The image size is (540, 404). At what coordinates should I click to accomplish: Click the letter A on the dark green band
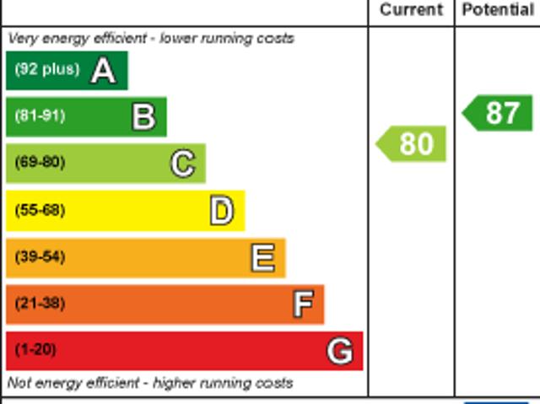103,71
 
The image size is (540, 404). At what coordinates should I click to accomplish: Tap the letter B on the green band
144,117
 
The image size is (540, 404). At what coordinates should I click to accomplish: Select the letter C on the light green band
182,164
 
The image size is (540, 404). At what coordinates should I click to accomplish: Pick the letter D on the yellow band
221,211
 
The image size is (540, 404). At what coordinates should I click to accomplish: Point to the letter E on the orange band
262,257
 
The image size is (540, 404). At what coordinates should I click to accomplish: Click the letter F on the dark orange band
303,304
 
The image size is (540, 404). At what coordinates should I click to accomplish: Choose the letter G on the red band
339,350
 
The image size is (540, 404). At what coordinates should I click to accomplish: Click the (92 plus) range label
46,70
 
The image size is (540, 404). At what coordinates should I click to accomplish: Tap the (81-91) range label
40,116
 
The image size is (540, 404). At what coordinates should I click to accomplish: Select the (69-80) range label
40,163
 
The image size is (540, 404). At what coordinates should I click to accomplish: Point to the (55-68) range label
40,210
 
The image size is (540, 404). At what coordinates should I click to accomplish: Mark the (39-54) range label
40,256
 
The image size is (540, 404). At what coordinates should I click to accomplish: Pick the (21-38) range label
40,303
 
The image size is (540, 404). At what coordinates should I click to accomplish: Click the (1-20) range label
35,349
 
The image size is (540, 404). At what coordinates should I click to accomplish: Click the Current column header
411,10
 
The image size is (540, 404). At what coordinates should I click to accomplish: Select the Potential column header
498,10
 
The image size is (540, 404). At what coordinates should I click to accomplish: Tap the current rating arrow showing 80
412,144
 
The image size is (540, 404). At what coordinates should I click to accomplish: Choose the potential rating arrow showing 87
499,113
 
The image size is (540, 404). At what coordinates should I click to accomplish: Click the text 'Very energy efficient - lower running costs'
151,39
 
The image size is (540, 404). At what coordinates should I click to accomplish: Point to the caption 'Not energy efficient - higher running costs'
150,383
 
